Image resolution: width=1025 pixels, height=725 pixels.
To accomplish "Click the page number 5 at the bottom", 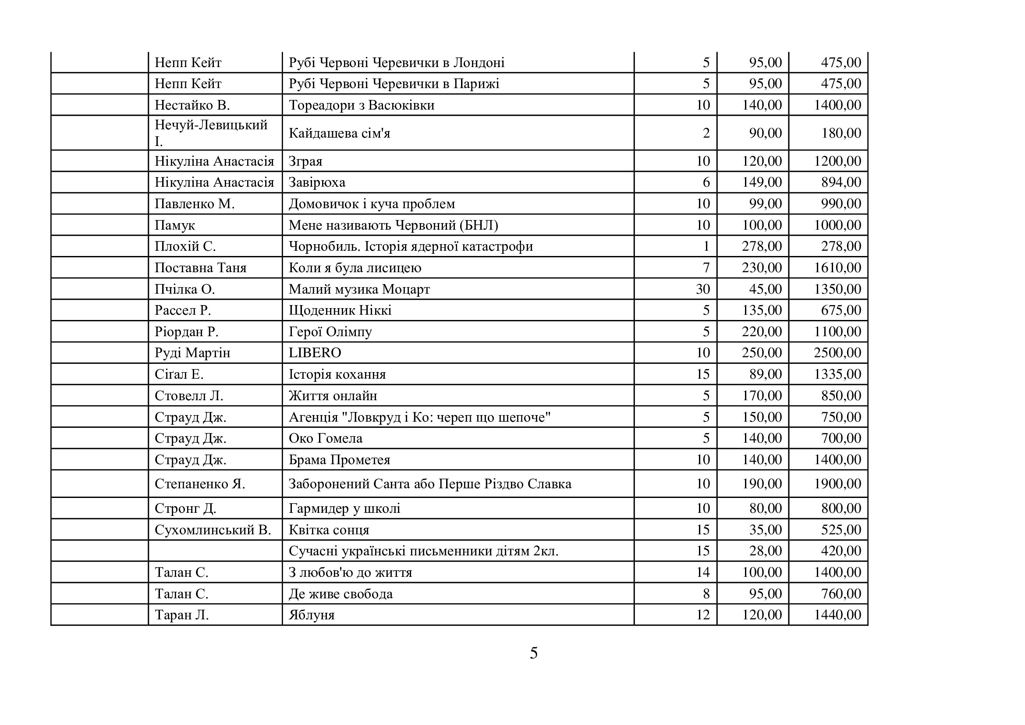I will [533, 653].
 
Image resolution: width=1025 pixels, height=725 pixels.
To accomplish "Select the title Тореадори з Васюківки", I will [361, 105].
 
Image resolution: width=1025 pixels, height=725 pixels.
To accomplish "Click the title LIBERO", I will [315, 353].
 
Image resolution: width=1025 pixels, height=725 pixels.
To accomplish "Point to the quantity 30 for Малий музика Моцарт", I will [702, 289].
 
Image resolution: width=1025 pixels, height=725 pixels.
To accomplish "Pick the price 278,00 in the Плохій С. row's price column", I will [762, 246].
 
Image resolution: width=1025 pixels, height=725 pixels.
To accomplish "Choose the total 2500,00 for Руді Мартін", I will [837, 353].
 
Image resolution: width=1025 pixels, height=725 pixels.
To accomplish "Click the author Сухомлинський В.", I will [213, 530].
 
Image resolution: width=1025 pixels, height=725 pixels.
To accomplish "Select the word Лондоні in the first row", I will [479, 63].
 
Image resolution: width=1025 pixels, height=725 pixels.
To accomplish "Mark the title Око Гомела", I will [326, 438].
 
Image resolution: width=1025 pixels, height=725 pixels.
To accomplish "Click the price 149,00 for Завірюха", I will [762, 182].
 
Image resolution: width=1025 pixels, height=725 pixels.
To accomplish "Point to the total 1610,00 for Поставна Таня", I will [837, 267].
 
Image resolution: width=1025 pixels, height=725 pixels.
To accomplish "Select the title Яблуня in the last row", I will [312, 615].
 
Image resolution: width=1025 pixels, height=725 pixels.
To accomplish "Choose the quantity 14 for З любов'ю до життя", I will [702, 572].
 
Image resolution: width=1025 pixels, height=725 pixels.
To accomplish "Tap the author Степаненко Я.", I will [199, 483].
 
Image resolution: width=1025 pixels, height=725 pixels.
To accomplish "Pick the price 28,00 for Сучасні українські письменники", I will [765, 551].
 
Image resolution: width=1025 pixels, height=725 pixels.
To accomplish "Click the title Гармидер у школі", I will [344, 508].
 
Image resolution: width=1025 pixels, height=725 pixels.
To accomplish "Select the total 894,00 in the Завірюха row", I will [841, 182].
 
